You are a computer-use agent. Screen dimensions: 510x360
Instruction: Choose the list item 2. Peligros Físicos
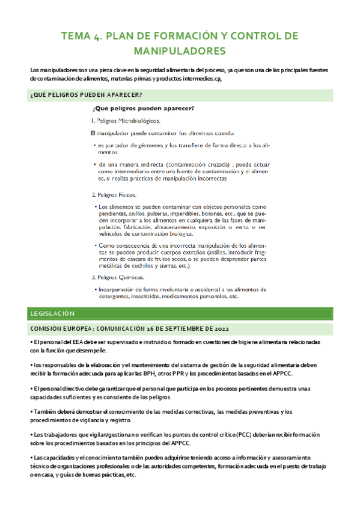114,195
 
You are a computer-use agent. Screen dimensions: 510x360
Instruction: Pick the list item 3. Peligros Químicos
118,277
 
